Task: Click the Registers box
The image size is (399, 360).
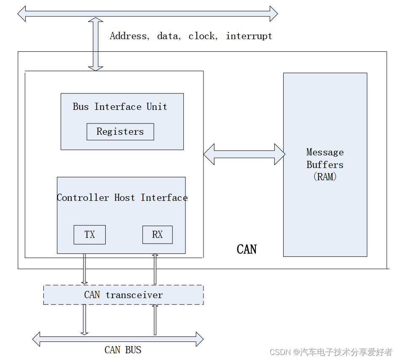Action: [x=120, y=132]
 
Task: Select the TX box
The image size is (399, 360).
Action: [x=89, y=235]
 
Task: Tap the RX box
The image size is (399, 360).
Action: [x=157, y=235]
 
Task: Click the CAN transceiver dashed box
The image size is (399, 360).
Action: [x=123, y=295]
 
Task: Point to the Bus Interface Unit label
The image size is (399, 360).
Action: [x=120, y=107]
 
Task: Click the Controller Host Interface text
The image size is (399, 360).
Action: [x=122, y=198]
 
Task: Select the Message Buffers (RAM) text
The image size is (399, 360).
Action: [x=325, y=164]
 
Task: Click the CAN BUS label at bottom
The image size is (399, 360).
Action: [x=123, y=350]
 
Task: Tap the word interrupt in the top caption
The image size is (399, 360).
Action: [x=249, y=36]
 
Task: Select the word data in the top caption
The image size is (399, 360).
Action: [x=168, y=36]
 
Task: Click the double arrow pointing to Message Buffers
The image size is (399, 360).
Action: [x=244, y=154]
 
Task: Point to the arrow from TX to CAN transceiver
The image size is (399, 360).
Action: [x=85, y=269]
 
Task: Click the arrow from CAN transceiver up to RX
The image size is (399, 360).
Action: [x=155, y=269]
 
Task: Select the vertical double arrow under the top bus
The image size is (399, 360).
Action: [x=96, y=44]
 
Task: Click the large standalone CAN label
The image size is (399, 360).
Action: [x=246, y=249]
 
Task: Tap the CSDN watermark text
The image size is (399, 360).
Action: [x=331, y=352]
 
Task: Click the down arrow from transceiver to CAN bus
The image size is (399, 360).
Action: [x=85, y=320]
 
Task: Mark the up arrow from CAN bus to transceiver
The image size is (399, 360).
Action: [x=155, y=320]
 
